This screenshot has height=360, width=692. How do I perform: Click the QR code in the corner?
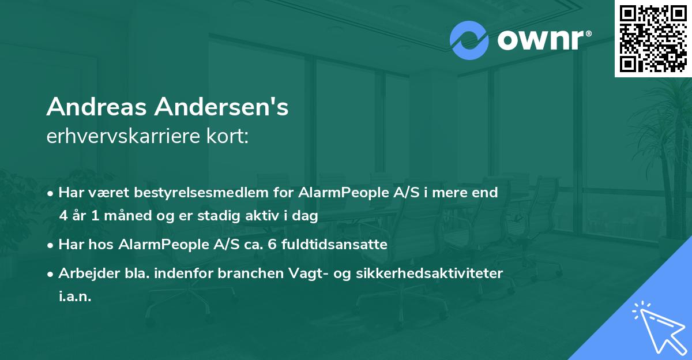pyautogui.click(x=653, y=39)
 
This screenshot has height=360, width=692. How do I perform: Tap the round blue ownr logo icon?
pyautogui.click(x=469, y=40)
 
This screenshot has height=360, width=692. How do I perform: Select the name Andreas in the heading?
pyautogui.click(x=94, y=107)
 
